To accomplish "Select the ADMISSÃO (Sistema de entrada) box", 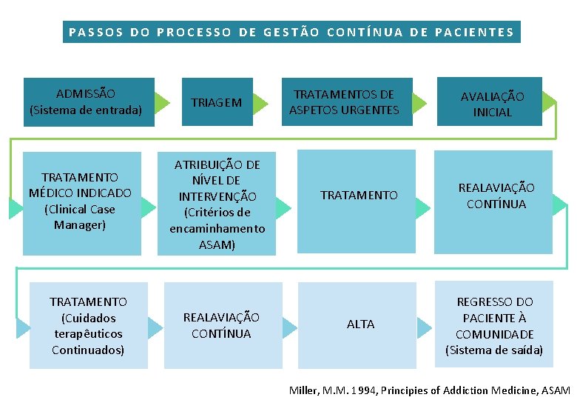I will (86, 101).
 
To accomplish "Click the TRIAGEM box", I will (217, 102).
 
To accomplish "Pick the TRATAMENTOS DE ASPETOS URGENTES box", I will (344, 102).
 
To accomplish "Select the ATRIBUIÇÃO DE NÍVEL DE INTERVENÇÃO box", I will (217, 204).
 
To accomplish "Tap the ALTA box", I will (360, 324).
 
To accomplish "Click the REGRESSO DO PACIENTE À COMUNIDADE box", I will (494, 325).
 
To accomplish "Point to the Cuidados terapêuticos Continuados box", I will (88, 326).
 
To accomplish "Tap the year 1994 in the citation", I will (362, 390).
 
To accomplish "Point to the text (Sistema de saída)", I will (494, 350).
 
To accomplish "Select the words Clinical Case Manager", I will (80, 216).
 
